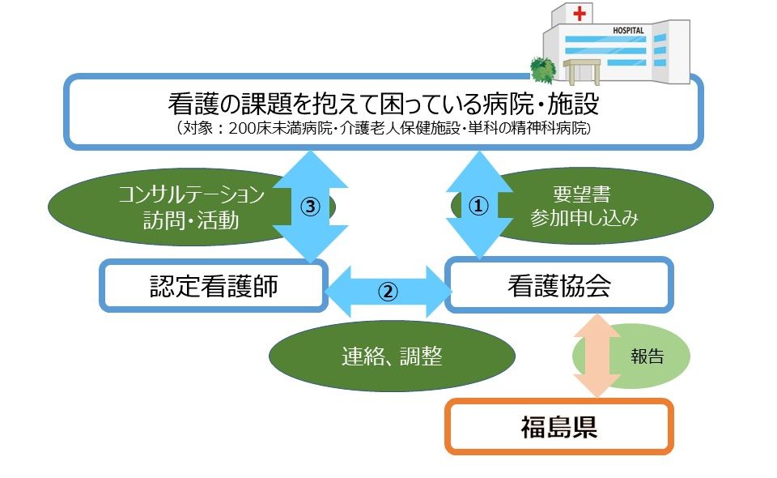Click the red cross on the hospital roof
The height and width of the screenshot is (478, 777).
coord(580,13)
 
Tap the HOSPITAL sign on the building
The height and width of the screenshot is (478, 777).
coord(628,30)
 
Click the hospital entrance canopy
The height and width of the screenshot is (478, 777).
coord(582,71)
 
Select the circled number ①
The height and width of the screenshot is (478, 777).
coord(478,205)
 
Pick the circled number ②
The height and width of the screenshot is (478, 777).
coord(388,292)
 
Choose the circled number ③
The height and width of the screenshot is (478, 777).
coord(310,207)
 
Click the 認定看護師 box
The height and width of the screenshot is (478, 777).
coord(214,286)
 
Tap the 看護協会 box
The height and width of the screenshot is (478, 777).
coord(559,285)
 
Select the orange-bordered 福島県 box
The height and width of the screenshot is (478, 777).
coord(559,427)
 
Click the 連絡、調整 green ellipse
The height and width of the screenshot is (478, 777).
coord(392,356)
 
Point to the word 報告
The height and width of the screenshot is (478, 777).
coord(647,356)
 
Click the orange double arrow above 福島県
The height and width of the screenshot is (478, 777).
coord(597,356)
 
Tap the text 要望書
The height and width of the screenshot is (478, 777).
coord(582,194)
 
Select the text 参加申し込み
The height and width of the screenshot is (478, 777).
coord(584,218)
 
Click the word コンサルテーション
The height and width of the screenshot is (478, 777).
coord(191,194)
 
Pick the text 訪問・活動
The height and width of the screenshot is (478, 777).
coord(191,220)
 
